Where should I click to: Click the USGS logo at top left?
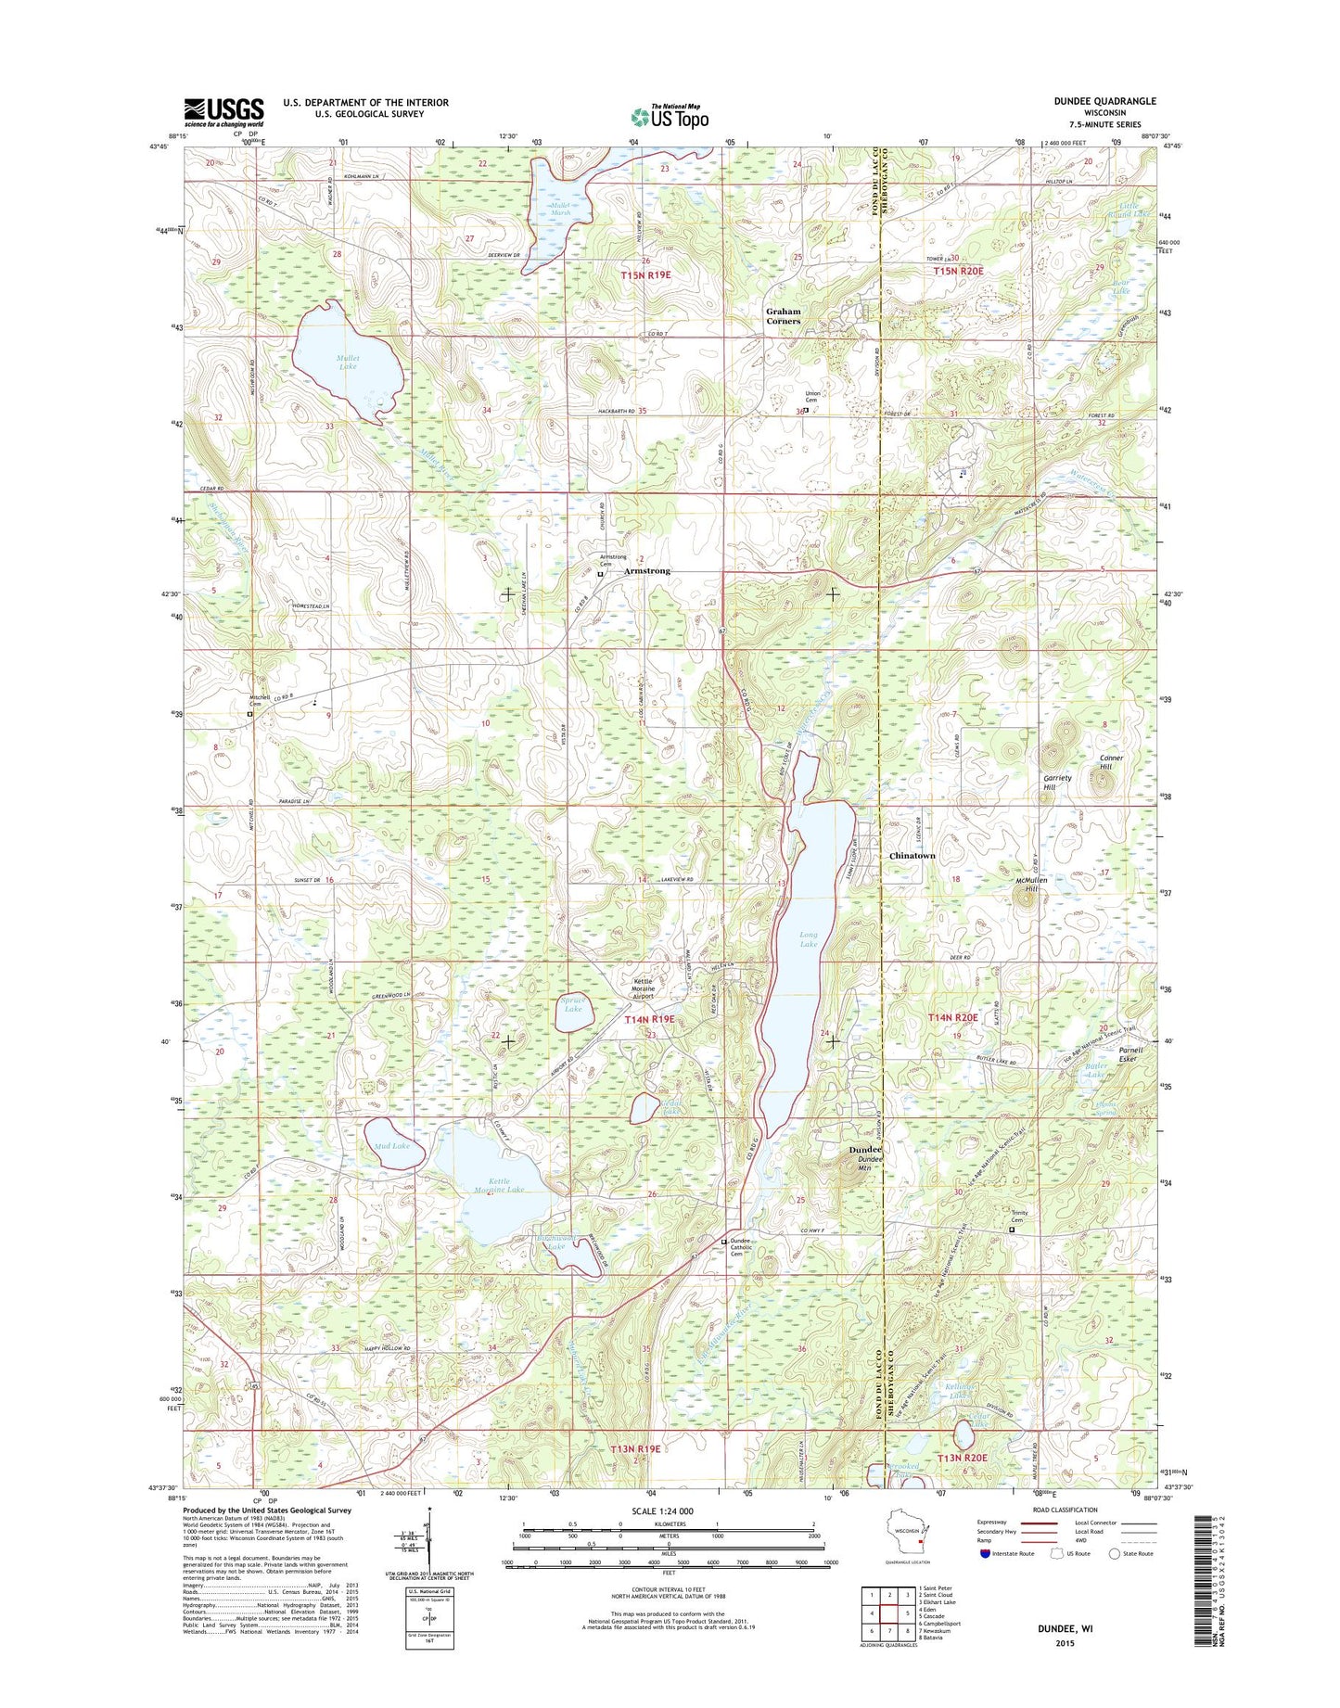coord(223,112)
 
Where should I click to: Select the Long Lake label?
coord(809,939)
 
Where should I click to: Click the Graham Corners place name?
coord(783,316)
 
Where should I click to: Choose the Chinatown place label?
coord(912,855)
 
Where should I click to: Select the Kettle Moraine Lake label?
coord(500,1185)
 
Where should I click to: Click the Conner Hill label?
coord(1111,763)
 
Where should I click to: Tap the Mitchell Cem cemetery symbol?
coord(249,714)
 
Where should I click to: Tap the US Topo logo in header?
coord(670,116)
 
